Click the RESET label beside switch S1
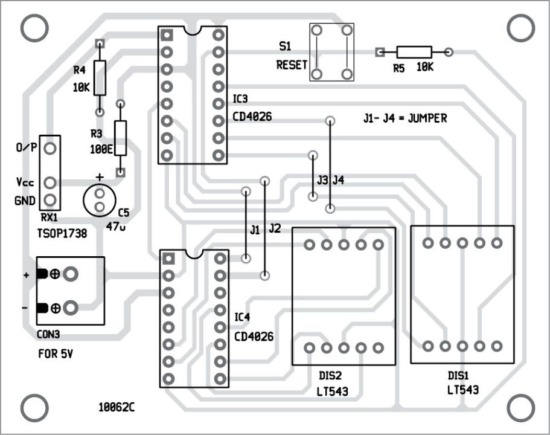(x=292, y=65)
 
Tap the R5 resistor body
(x=414, y=53)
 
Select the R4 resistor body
(x=100, y=77)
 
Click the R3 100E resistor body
(x=120, y=138)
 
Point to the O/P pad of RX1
(x=50, y=148)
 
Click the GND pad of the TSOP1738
(x=50, y=200)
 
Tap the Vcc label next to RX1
(x=25, y=182)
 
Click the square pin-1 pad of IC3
(x=167, y=35)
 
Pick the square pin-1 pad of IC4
(x=168, y=259)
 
